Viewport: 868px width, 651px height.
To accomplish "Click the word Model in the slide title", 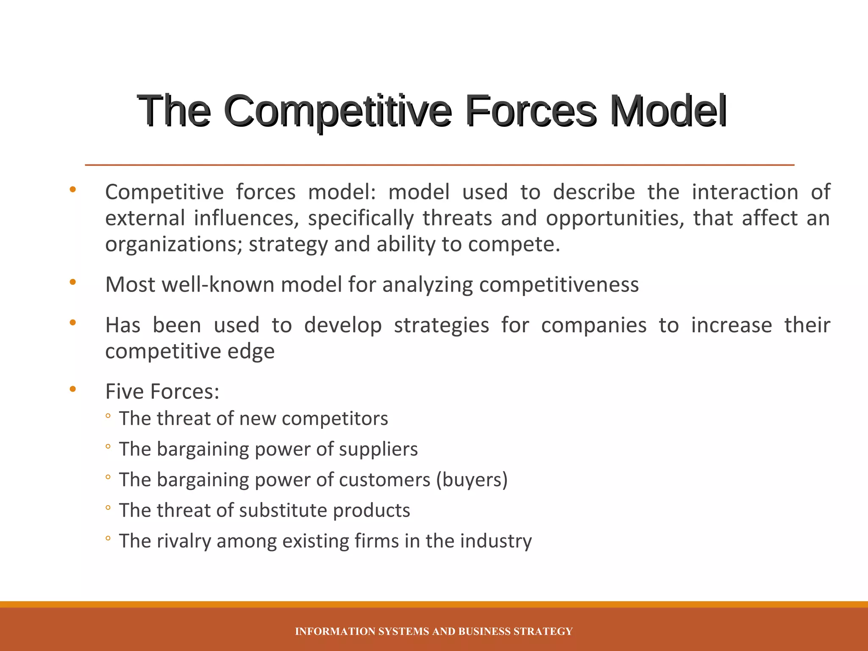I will (x=668, y=111).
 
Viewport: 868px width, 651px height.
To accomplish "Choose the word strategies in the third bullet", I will (x=441, y=325).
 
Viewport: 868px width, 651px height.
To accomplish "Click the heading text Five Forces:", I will (x=162, y=392).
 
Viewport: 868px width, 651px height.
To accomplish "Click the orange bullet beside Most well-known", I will (x=73, y=282).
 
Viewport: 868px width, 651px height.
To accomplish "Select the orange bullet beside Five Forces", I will (x=73, y=389).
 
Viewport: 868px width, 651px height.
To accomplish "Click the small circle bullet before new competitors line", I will (x=108, y=416).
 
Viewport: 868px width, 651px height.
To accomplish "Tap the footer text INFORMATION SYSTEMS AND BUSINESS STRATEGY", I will (x=434, y=632).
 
